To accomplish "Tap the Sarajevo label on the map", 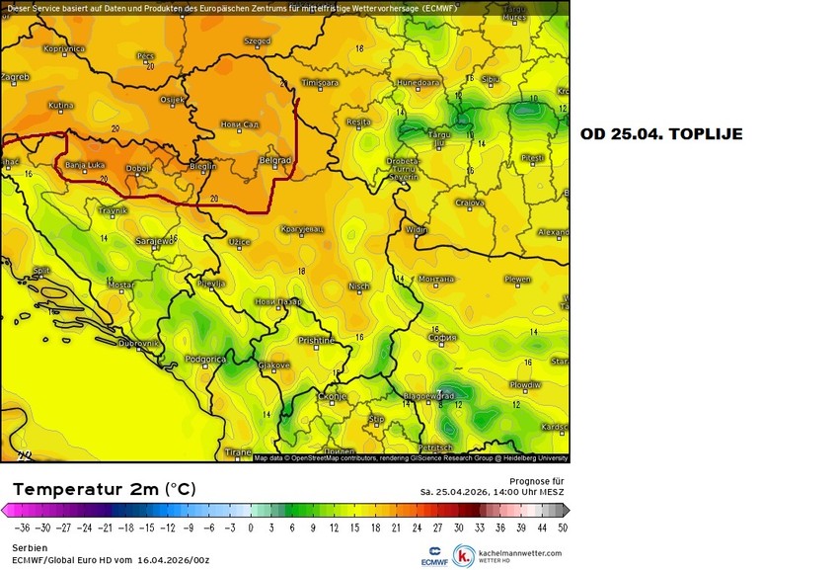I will tap(155, 240).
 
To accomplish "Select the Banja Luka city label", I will tap(85, 165).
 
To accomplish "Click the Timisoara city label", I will tap(319, 82).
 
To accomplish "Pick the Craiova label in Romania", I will tap(470, 203).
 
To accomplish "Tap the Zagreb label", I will tap(15, 76).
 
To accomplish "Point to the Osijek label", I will tap(172, 99).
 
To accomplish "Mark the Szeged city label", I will tap(257, 41).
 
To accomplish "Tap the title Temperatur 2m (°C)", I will tap(104, 489).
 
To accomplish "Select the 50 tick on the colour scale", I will tap(562, 529).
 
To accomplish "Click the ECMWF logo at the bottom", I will tap(434, 556).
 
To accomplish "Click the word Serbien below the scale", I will tap(30, 546).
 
